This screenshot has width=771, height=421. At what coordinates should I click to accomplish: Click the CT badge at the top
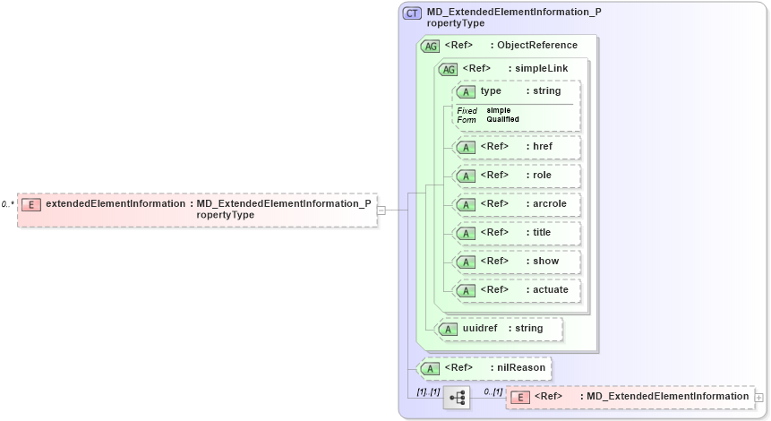[x=413, y=13]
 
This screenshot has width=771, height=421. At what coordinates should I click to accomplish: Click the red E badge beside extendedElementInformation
[x=31, y=204]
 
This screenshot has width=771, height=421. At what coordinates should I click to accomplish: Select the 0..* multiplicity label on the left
[x=7, y=204]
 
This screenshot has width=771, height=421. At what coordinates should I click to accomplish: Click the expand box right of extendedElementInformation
[x=381, y=210]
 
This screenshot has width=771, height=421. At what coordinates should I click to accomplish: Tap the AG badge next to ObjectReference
[x=430, y=46]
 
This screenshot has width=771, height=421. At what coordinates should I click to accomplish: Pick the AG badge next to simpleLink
[x=448, y=69]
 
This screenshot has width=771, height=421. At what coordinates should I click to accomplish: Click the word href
[x=542, y=148]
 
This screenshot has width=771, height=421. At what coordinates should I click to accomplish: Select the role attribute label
[x=542, y=176]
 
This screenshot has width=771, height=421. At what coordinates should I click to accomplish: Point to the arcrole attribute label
[x=549, y=204]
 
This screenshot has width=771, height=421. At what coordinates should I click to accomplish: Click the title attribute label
[x=542, y=233]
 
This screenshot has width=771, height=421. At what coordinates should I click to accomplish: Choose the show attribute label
[x=545, y=262]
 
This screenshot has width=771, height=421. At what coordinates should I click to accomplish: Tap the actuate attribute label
[x=551, y=290]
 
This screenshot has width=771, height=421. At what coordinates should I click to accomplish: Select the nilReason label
[x=521, y=367]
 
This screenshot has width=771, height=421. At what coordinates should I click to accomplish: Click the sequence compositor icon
[x=457, y=397]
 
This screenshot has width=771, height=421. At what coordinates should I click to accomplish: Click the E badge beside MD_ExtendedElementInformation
[x=520, y=397]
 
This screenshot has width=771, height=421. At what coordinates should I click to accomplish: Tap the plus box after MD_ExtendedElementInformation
[x=759, y=397]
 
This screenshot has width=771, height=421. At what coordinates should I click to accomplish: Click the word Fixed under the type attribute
[x=467, y=110]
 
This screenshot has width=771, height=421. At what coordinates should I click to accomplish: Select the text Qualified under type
[x=502, y=119]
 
